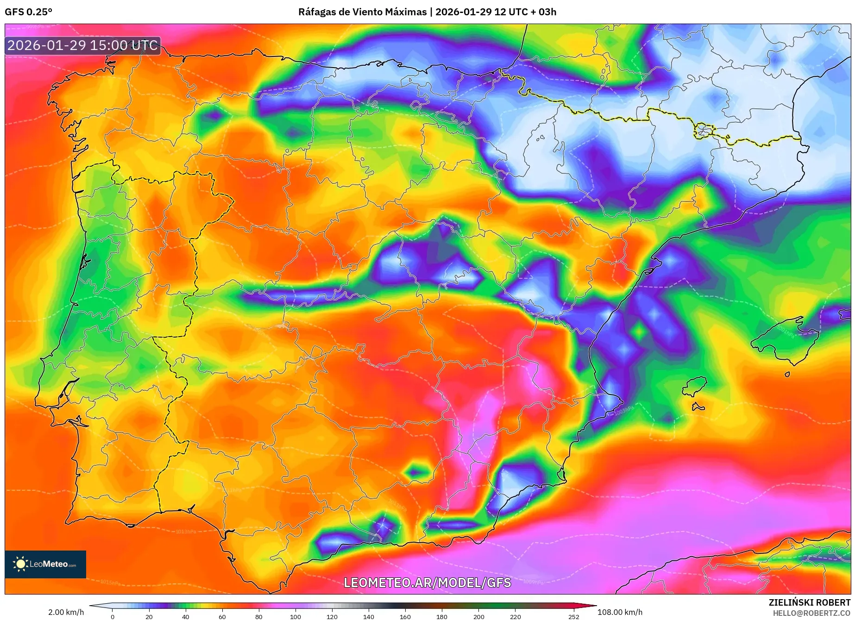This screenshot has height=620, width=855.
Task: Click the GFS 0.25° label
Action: tap(28, 12)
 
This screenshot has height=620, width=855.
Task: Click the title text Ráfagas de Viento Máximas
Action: tap(362, 12)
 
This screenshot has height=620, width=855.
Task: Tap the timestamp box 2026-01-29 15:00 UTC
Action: tap(82, 45)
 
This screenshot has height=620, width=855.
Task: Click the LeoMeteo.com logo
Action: tap(45, 564)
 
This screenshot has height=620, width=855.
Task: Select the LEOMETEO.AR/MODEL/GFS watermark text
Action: tap(427, 582)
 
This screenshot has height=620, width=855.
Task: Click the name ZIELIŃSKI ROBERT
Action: tap(809, 602)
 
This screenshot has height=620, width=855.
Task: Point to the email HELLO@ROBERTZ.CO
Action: tap(811, 613)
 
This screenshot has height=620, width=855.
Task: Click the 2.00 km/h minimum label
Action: tap(66, 612)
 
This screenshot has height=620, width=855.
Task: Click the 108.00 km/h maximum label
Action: tap(620, 612)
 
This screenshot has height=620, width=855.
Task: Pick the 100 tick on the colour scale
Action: tap(295, 616)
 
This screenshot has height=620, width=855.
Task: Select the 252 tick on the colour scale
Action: tap(574, 616)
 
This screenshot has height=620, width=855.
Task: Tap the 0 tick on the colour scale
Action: tap(113, 616)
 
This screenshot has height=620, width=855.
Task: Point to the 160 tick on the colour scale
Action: tap(405, 616)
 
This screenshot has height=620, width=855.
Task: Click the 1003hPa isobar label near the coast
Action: tap(623, 410)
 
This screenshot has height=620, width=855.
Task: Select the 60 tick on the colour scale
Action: tap(222, 616)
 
